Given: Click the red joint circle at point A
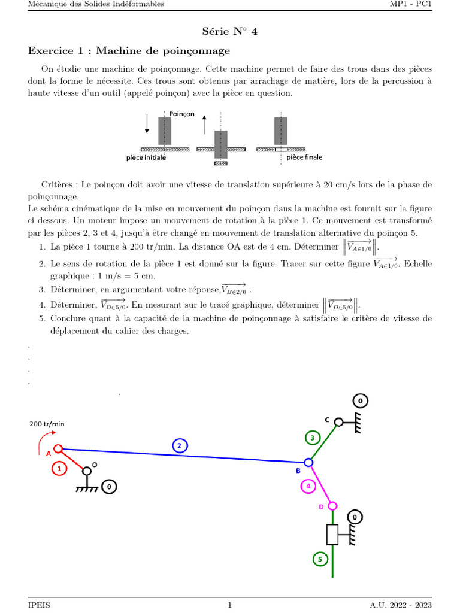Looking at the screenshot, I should [58, 449].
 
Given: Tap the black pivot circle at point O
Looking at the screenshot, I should [87, 471].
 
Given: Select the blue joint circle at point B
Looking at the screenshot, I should [308, 462].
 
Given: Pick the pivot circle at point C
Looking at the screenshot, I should [338, 422].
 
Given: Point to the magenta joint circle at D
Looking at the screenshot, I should [332, 506].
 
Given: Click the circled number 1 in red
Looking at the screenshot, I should [59, 469].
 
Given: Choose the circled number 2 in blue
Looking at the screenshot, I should [180, 445].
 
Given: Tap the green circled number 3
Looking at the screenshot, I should [312, 438].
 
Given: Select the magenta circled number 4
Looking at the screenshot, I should [308, 486].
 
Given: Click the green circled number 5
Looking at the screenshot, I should [319, 559].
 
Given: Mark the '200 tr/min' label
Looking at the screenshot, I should [47, 424].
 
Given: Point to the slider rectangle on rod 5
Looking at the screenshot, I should [332, 535].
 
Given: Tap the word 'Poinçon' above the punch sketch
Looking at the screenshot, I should [181, 114].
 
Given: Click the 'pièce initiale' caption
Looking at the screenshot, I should [146, 158].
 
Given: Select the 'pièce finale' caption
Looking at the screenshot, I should [304, 157].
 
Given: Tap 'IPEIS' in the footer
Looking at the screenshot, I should [40, 605].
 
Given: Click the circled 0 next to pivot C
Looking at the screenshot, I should [360, 401].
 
